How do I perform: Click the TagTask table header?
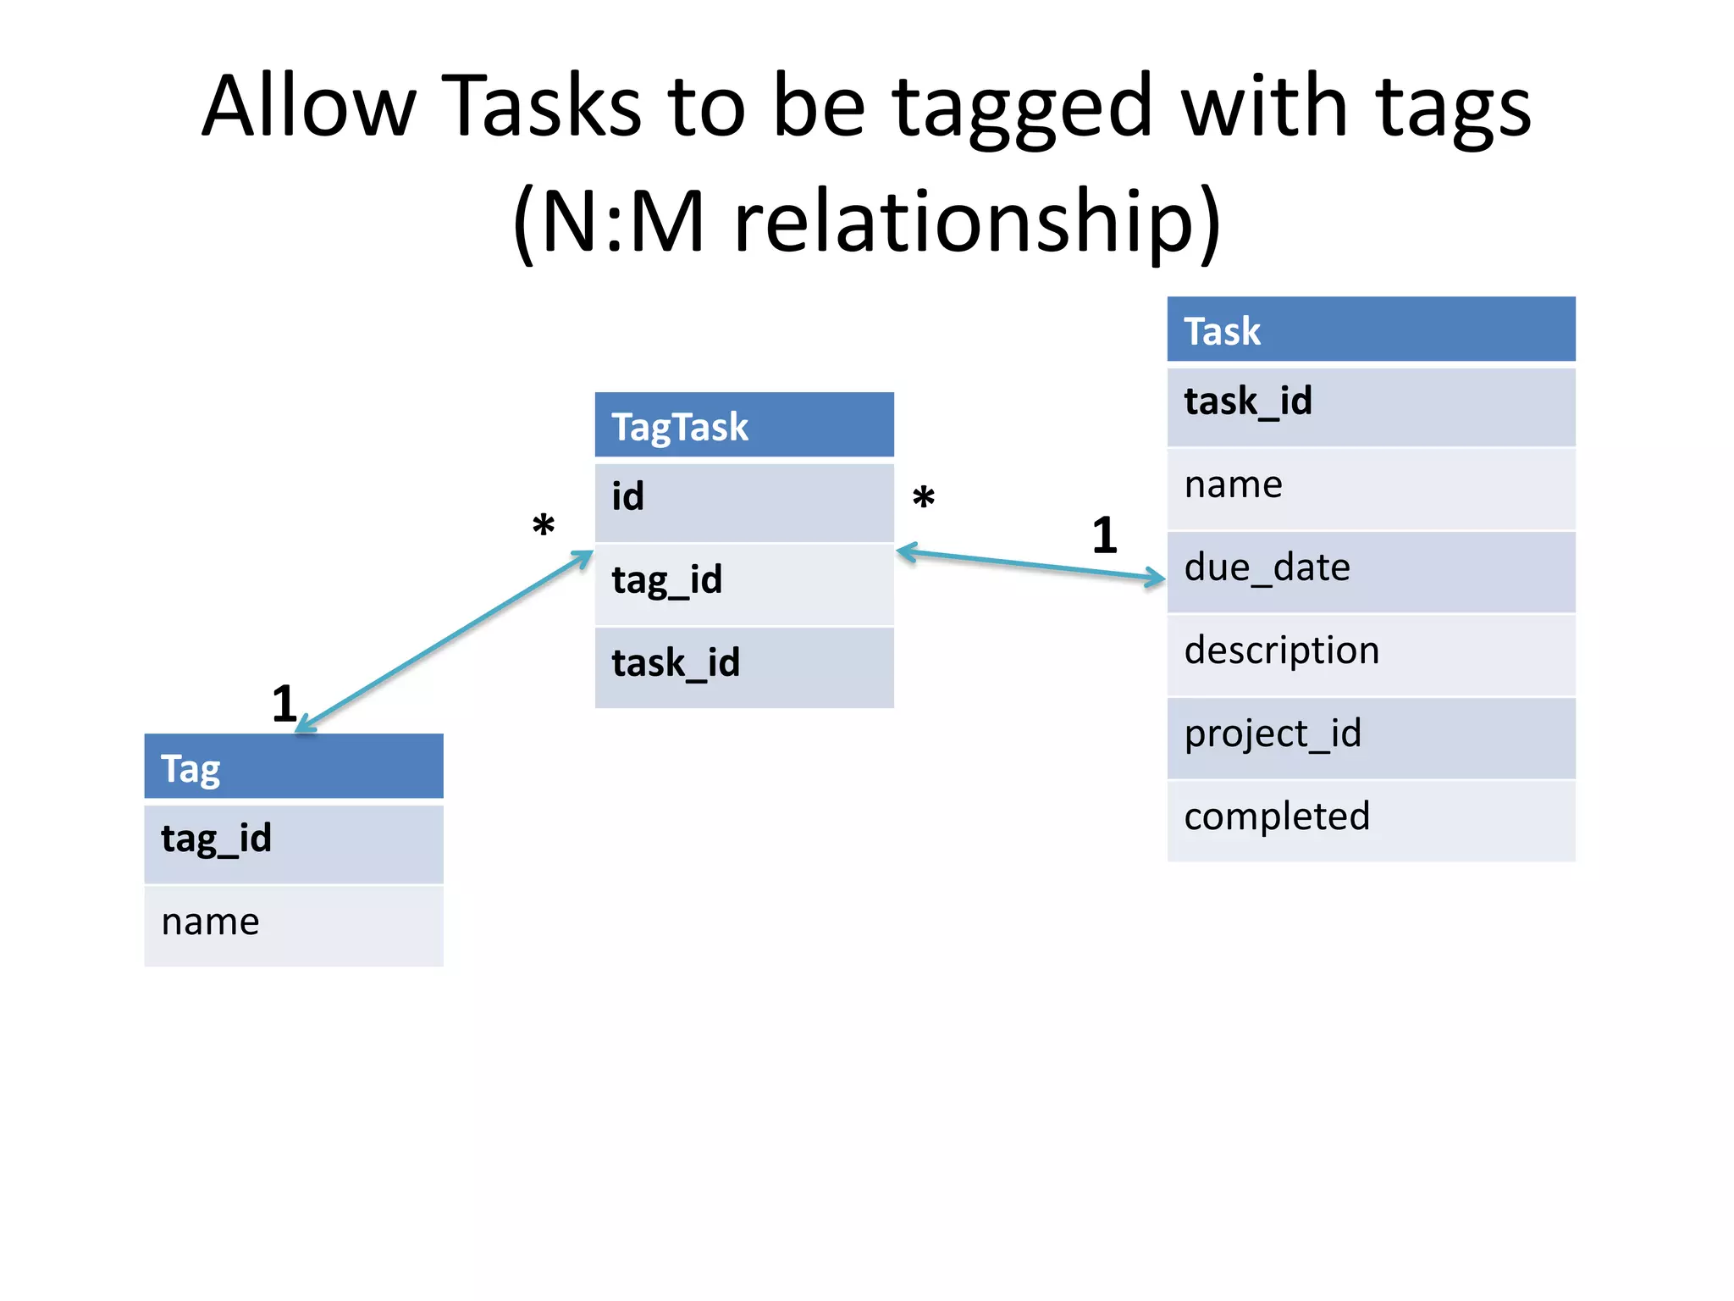743,425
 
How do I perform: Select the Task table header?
1370,330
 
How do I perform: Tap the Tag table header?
293,767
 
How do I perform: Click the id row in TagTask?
743,500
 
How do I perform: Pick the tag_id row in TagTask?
743,583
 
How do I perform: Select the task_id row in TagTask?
743,666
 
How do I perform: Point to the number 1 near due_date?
1104,536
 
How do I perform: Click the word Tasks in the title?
541,108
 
